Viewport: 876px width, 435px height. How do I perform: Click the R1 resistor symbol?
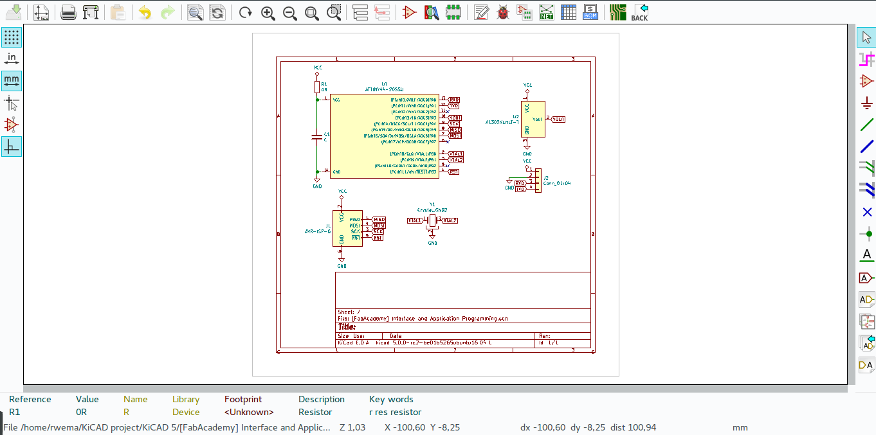[x=317, y=87]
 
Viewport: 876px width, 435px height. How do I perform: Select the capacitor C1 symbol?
[x=316, y=136]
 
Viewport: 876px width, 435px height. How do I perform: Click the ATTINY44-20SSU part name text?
[x=384, y=89]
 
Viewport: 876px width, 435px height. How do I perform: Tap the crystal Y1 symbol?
[x=432, y=220]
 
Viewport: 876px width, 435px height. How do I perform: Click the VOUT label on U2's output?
[x=558, y=119]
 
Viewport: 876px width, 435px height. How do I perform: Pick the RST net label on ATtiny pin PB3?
[x=454, y=172]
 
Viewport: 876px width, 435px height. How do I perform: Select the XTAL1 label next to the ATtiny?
[x=455, y=154]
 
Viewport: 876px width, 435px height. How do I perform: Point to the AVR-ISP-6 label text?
[x=318, y=231]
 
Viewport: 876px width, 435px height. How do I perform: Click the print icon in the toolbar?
[x=68, y=12]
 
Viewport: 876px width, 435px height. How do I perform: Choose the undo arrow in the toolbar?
[x=145, y=12]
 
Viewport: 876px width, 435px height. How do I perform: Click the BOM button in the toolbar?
[x=590, y=12]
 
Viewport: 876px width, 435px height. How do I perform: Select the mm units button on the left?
[x=12, y=81]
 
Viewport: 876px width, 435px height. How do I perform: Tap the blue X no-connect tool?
[x=867, y=212]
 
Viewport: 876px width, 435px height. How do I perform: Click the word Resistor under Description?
[x=315, y=412]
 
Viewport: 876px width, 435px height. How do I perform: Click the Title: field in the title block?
[x=347, y=327]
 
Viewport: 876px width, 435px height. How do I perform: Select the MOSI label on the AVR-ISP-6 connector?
[x=379, y=226]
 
